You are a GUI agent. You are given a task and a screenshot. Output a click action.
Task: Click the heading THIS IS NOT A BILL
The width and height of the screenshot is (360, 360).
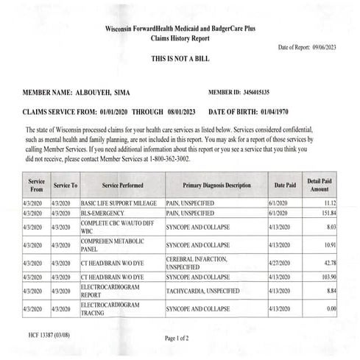(x=180, y=57)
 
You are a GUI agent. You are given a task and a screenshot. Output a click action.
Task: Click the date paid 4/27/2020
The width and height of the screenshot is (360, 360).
(x=284, y=264)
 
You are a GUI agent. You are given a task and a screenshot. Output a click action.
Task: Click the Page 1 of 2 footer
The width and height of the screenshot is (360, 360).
(x=180, y=339)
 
